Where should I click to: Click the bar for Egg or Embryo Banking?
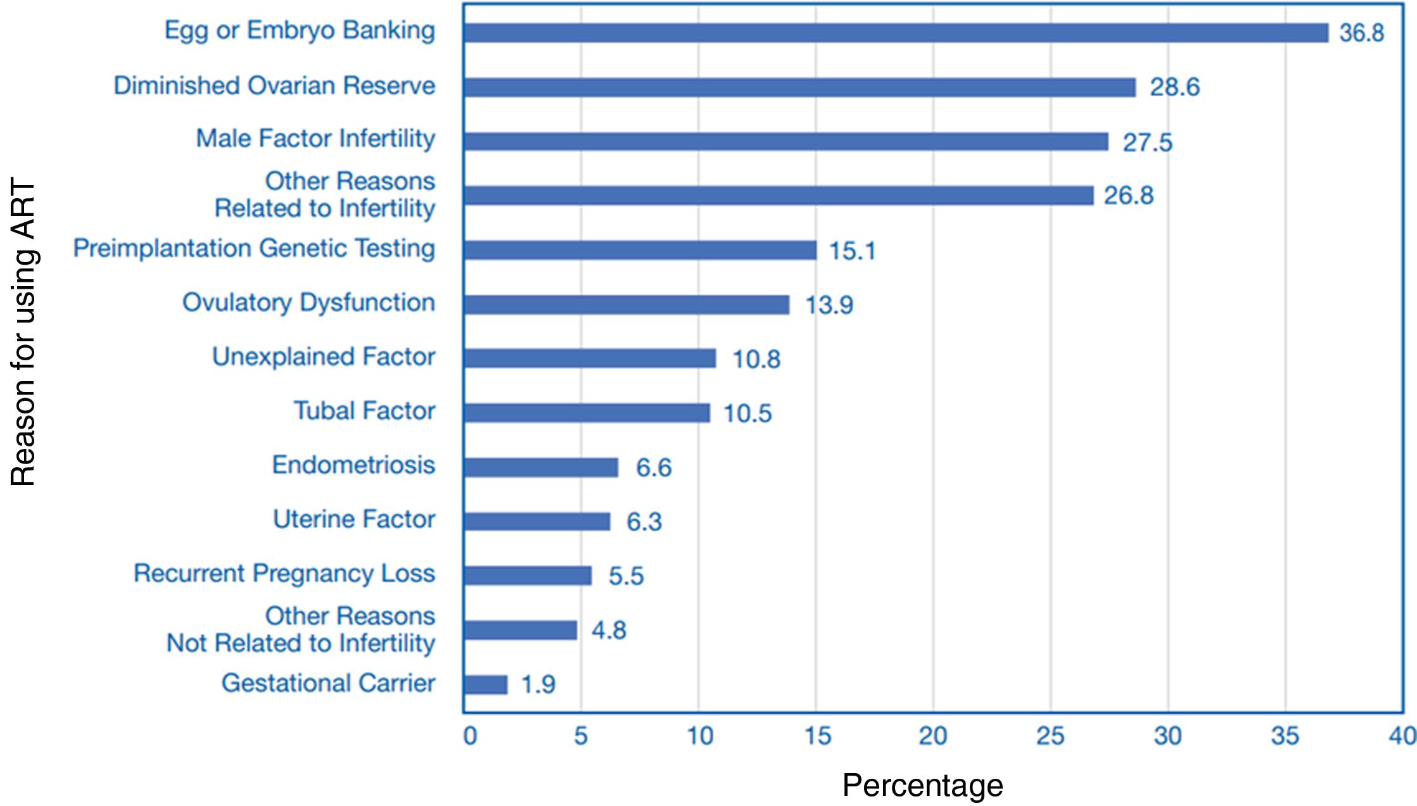point(896,33)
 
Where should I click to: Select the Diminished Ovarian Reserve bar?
point(799,87)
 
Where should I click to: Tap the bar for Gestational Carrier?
point(485,684)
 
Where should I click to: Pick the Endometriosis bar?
point(540,467)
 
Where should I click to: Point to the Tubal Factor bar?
point(587,413)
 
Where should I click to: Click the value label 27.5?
point(1147,142)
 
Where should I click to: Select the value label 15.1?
point(852,251)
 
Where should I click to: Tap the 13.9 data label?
point(829,305)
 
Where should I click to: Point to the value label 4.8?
point(609,631)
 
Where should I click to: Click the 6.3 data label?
point(644,522)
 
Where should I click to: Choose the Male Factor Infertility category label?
point(315,139)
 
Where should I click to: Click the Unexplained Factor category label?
point(323,357)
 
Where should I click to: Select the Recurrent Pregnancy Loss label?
point(284,574)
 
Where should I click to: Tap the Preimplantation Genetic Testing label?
point(254,248)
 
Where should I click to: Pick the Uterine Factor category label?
point(353,519)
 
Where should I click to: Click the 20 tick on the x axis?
point(933,736)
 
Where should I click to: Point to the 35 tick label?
point(1285,736)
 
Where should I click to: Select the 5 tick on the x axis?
point(581,736)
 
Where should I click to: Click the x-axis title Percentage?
point(922,786)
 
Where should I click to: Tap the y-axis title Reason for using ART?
point(23,333)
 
